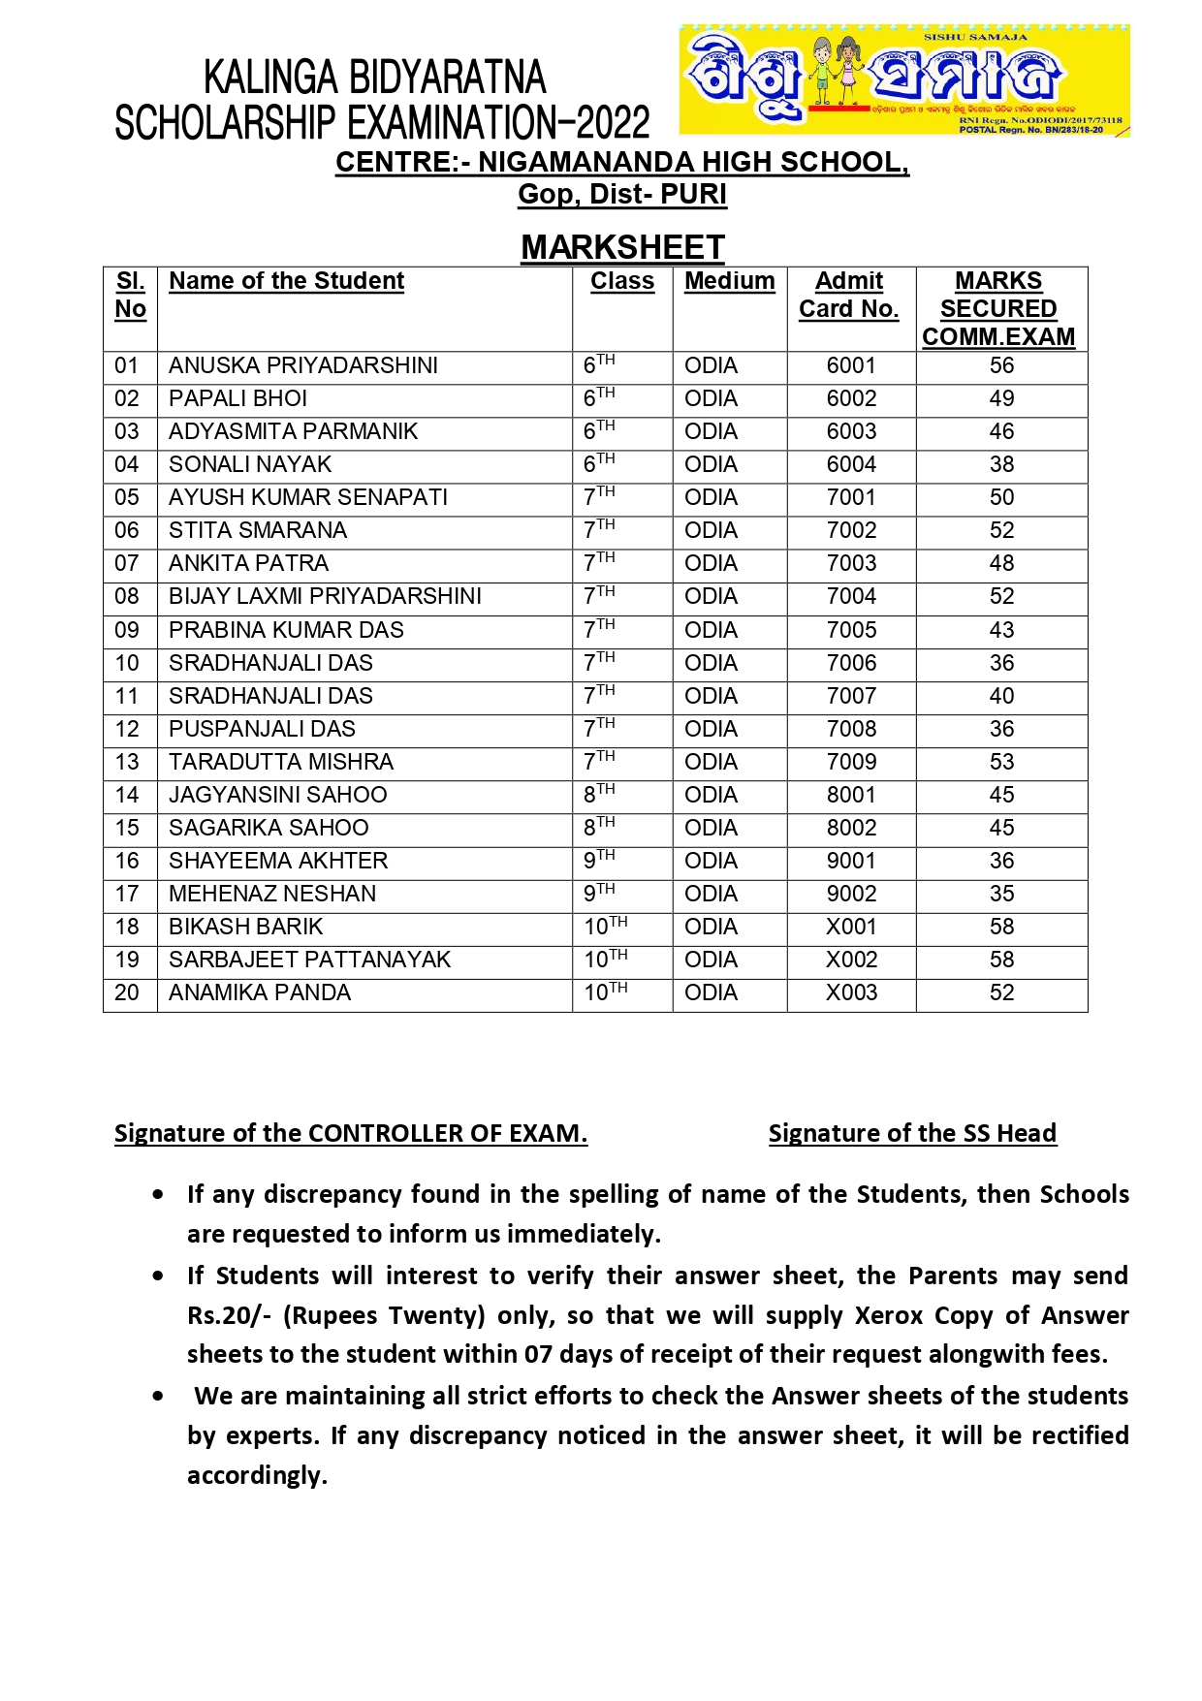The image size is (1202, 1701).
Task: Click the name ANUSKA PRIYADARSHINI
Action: coord(302,366)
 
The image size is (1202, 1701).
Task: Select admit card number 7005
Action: coord(851,631)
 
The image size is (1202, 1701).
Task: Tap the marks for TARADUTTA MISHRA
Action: coord(1001,763)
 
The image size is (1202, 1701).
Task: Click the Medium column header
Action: coord(729,281)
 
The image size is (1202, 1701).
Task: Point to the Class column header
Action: coord(622,281)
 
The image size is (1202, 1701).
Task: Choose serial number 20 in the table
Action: coord(127,993)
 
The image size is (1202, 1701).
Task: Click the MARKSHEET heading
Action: coord(622,247)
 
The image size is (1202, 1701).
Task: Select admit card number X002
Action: coord(851,961)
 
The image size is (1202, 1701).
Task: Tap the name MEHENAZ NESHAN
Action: coord(272,895)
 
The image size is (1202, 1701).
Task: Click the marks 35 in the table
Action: coord(1001,895)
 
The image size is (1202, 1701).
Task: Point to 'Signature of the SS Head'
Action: coord(912,1133)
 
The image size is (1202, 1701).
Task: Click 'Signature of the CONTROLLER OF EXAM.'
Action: coord(351,1133)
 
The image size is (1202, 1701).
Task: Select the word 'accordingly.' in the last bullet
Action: coord(257,1475)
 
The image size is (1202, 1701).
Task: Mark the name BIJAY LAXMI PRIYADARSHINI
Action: coord(325,597)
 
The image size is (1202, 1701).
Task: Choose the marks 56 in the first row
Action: coord(1001,366)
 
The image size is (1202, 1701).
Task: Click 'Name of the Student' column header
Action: coord(286,281)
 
